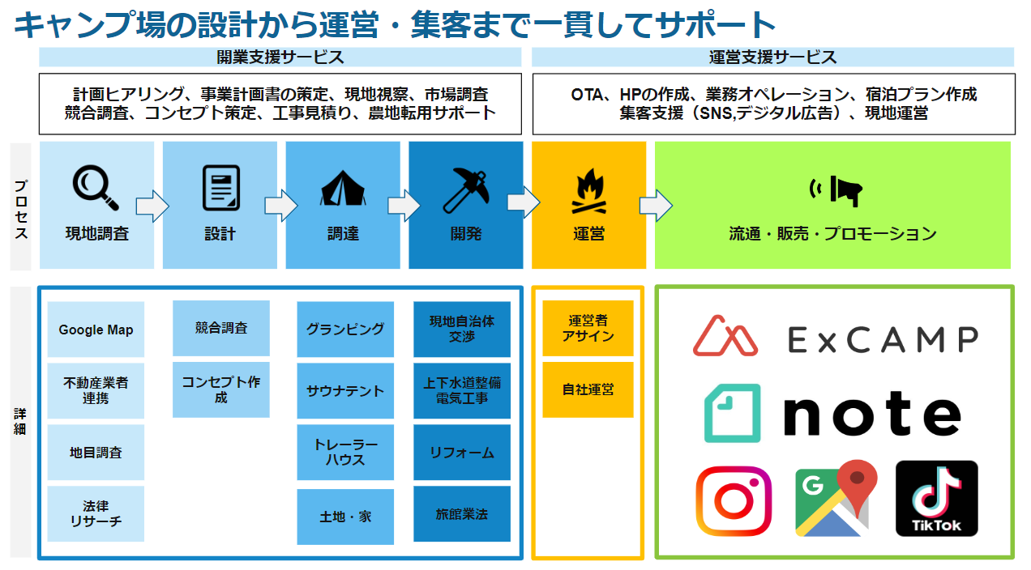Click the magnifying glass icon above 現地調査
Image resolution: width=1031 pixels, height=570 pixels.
click(96, 187)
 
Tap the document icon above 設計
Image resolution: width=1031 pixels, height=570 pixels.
click(220, 187)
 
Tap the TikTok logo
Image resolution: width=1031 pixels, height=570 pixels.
click(936, 499)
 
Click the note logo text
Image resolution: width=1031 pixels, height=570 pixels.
click(872, 414)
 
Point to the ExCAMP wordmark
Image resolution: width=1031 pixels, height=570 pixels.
click(883, 339)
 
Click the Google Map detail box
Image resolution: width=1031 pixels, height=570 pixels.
click(96, 330)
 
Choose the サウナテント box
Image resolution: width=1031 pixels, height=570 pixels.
click(345, 391)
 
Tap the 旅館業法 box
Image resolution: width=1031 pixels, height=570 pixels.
click(462, 513)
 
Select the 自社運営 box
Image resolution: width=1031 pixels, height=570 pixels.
click(588, 389)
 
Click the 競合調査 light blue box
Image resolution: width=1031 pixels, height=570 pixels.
click(221, 328)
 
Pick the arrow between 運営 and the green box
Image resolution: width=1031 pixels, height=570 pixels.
click(655, 206)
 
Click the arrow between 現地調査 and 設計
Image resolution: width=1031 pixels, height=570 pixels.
click(152, 206)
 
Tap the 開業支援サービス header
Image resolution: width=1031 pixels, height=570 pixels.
click(280, 57)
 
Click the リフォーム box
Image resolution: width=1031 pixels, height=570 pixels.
click(462, 453)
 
